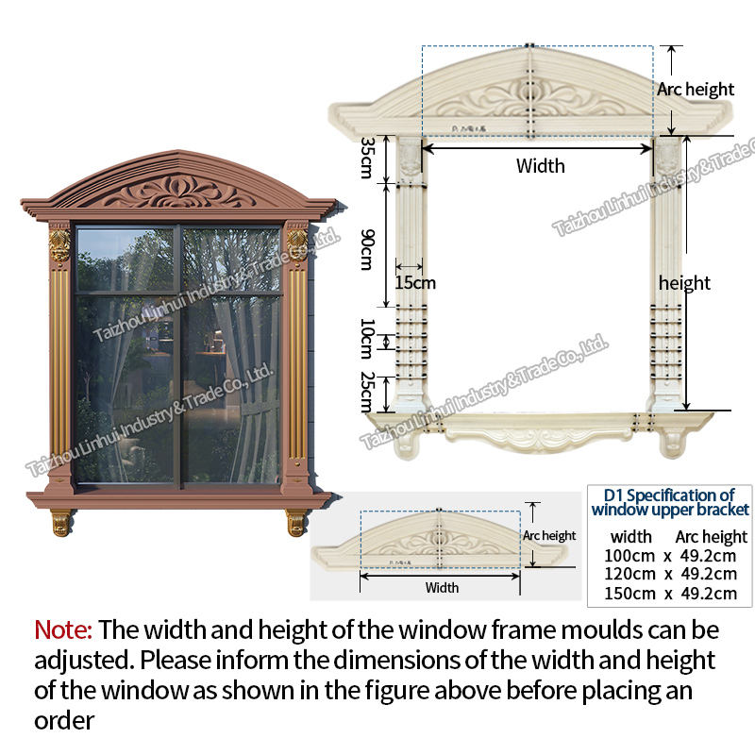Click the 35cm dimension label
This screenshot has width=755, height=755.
click(368, 157)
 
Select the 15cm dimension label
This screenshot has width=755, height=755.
click(416, 282)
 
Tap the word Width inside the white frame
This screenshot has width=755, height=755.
click(541, 166)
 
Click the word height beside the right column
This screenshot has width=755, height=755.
click(685, 283)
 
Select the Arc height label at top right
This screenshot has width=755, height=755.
click(696, 90)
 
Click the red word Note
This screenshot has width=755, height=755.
click(63, 629)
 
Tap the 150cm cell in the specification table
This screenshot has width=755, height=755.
click(629, 594)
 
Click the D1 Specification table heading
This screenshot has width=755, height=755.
click(670, 502)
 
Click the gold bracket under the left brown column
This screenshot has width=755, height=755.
click(60, 522)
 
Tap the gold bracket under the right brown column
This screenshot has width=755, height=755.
click(296, 522)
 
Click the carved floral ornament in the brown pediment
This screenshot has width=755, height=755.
click(179, 192)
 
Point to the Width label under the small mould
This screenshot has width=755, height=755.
click(442, 588)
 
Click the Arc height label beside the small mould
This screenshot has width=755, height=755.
click(550, 536)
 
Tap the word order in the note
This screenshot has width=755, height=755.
click(64, 721)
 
